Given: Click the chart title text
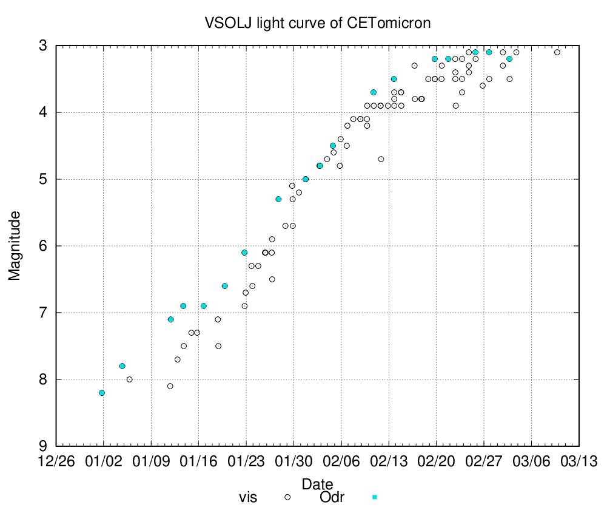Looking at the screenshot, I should click(x=318, y=24).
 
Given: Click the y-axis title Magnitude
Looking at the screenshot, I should click(x=15, y=245).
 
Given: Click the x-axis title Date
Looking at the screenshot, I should click(x=317, y=484).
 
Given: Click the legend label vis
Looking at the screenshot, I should click(x=248, y=498).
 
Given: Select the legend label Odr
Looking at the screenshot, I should click(x=332, y=498).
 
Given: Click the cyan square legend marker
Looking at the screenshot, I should click(x=374, y=497).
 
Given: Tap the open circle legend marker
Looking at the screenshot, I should click(x=288, y=497).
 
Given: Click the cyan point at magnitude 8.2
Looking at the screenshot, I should click(x=102, y=393).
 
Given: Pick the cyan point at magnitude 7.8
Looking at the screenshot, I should click(x=122, y=366).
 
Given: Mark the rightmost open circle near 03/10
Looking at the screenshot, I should click(x=557, y=52).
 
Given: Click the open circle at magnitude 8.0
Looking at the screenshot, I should click(x=130, y=379).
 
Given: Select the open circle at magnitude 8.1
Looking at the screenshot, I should click(x=170, y=386).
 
